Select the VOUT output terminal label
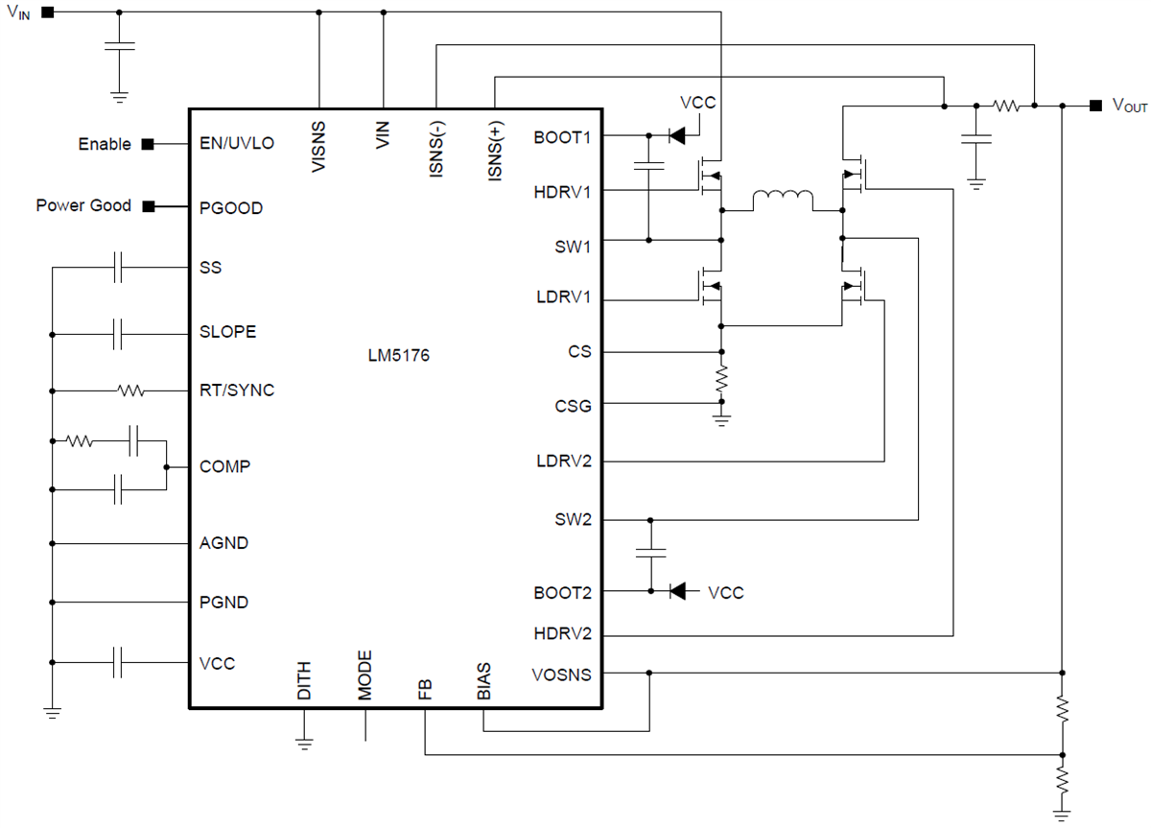coord(1129,106)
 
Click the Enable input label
coord(105,144)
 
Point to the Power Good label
coord(83,206)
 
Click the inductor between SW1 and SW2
coord(782,201)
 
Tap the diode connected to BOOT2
coord(677,591)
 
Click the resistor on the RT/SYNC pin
coord(129,390)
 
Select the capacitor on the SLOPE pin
coord(118,334)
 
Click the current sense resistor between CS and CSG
coord(721,378)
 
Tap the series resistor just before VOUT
coord(1006,106)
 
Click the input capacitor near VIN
coord(119,46)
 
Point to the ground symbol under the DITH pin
coord(304,742)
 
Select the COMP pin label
coord(225,467)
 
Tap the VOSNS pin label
coord(561,674)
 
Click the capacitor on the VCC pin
coord(118,662)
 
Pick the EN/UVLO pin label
coord(236,144)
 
